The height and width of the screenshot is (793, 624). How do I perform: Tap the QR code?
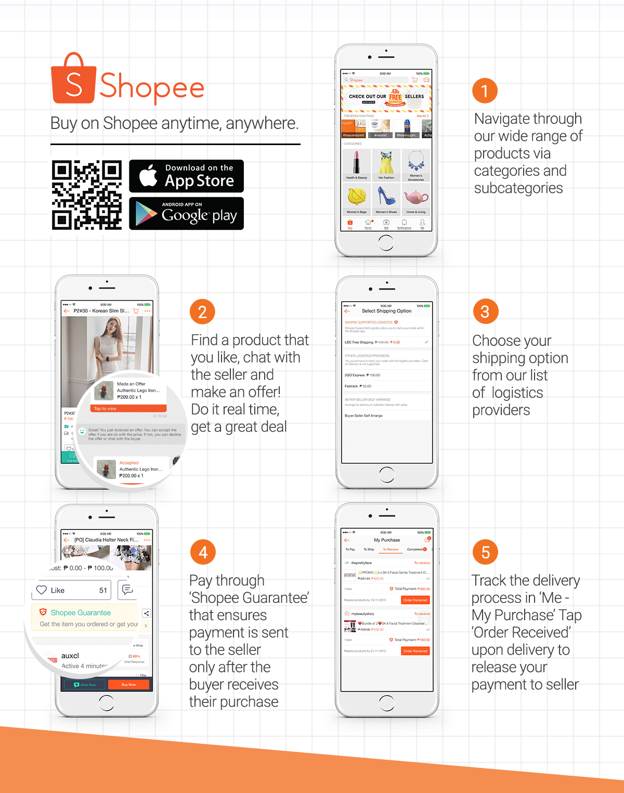coord(87,195)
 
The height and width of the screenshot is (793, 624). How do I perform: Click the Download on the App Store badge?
coord(186,176)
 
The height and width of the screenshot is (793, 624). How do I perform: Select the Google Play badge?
coord(186,213)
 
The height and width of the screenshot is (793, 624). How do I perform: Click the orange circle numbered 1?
coord(485,91)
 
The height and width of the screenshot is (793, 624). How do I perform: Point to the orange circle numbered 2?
coord(202,312)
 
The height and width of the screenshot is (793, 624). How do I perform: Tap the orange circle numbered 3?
coord(485,311)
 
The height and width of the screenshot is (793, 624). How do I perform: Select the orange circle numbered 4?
coord(203,552)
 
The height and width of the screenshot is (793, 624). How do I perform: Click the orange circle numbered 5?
coord(485,552)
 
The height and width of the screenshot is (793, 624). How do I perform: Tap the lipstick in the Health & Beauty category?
coord(357,162)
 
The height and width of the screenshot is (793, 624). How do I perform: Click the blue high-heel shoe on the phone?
coord(386,196)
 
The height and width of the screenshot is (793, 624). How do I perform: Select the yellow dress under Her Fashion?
coord(386,162)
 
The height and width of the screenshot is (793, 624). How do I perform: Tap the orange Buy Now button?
coord(128,685)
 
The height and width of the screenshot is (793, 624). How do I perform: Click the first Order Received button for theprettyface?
coord(415,600)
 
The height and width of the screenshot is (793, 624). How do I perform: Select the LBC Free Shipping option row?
coord(386,342)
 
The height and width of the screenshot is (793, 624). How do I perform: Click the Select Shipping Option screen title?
coord(386,311)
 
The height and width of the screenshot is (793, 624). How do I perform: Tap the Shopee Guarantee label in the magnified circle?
coord(81,613)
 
